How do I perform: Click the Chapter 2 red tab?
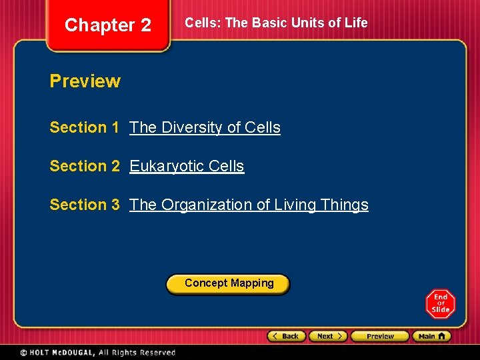point(108,25)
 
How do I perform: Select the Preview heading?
point(85,81)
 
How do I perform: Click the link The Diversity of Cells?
point(205,127)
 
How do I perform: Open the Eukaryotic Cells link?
point(187,166)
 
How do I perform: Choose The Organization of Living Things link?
point(249,205)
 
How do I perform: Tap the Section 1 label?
point(84,127)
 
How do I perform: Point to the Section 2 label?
point(84,166)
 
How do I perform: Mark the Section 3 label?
point(84,205)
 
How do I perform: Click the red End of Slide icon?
point(441,304)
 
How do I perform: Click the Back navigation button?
point(287,336)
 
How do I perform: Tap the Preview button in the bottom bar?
point(379,336)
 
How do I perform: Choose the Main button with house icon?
point(431,336)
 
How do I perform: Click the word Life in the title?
point(356,23)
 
